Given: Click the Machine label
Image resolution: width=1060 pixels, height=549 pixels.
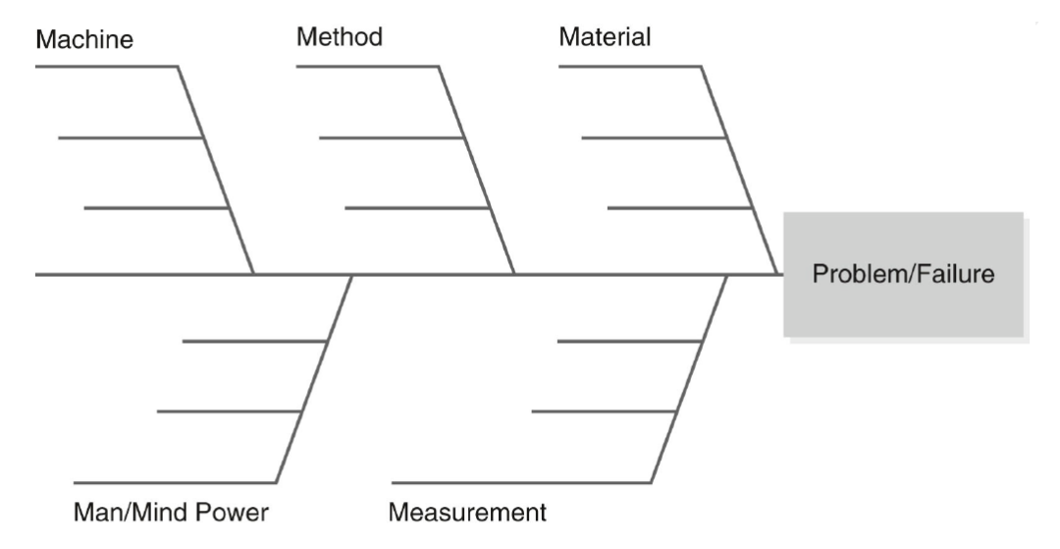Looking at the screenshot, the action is click(84, 39).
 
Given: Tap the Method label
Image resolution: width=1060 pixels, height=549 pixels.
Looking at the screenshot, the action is click(340, 36).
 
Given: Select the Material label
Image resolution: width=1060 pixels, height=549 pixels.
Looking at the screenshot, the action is click(605, 36).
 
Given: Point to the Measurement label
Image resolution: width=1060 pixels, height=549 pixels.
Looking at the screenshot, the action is click(467, 512).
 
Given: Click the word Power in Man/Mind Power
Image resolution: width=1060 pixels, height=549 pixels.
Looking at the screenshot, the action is click(232, 512).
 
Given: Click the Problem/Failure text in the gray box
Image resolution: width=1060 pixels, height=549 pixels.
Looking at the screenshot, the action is click(903, 274).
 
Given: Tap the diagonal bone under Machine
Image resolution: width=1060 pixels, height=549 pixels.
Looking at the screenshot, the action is click(216, 170).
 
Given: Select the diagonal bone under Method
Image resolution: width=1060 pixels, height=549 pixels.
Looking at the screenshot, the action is click(477, 170).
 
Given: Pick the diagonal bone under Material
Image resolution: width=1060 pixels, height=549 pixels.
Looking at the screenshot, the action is click(739, 170).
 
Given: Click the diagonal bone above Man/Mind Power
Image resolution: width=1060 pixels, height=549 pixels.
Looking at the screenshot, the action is click(314, 379).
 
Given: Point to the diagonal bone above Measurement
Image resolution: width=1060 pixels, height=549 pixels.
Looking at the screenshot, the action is click(690, 379).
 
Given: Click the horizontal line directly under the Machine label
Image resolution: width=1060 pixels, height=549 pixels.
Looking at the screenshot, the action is click(106, 66).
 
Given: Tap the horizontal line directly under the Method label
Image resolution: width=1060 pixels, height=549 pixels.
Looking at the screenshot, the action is click(368, 66).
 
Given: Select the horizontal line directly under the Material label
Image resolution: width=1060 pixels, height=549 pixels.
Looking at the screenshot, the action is click(630, 66).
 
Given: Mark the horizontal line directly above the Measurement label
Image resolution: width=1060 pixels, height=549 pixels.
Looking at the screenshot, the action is click(521, 483).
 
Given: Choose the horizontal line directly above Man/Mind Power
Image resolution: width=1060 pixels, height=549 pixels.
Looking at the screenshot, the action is click(175, 483).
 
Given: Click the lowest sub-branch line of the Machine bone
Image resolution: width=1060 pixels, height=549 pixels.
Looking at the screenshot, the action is click(155, 207).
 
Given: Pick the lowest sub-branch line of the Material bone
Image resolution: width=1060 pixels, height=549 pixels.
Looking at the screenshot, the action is click(679, 207).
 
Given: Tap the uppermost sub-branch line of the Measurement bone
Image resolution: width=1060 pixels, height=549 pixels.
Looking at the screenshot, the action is click(629, 342).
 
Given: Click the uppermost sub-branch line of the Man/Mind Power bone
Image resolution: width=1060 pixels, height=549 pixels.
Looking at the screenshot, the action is click(255, 342).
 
